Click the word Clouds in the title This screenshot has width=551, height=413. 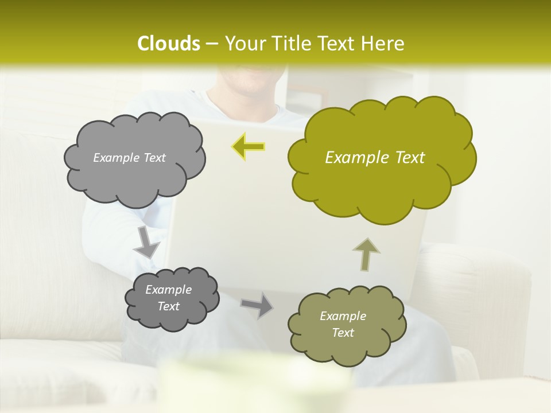click(x=168, y=44)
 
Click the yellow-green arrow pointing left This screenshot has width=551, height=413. click(x=248, y=147)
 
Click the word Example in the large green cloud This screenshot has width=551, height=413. click(x=351, y=158)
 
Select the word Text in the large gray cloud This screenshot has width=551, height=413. click(x=153, y=158)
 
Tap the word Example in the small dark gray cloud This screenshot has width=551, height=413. click(x=168, y=290)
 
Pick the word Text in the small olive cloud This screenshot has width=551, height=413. click(x=343, y=333)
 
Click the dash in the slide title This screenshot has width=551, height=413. click(x=212, y=44)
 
